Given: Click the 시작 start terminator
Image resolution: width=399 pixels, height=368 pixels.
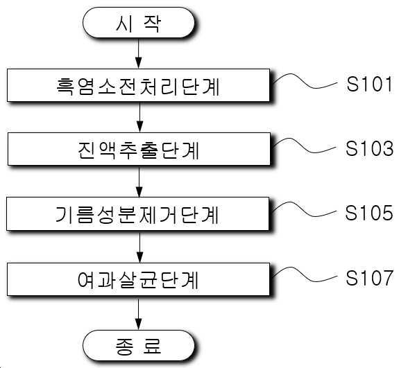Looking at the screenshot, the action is [x=138, y=23].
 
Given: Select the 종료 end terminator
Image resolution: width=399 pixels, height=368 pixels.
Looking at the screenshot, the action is [x=138, y=345].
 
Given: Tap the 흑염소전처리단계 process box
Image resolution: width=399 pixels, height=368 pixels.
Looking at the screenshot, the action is [x=138, y=85].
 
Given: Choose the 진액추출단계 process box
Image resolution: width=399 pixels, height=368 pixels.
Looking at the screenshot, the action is [x=139, y=149].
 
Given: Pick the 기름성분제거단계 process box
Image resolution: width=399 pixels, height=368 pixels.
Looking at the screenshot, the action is [x=137, y=213].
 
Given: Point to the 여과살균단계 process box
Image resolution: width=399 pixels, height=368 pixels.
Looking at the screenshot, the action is [x=138, y=279].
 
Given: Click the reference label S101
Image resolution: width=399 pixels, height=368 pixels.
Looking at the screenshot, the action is [x=369, y=84].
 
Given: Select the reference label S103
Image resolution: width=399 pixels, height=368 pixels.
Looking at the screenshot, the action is [x=369, y=148].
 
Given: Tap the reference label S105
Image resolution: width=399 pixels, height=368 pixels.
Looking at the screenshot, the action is [x=369, y=213].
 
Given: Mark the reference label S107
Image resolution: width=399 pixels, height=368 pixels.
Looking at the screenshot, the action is [x=369, y=277].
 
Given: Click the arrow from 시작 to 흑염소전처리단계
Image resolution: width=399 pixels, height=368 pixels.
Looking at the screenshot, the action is [x=138, y=53].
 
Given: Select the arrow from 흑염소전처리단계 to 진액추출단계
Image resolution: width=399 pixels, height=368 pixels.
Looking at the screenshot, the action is [x=139, y=117].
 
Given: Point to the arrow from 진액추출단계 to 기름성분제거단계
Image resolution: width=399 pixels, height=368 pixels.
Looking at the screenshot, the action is [x=139, y=182].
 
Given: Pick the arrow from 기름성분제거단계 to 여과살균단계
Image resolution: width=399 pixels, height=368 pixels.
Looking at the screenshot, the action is [x=139, y=247].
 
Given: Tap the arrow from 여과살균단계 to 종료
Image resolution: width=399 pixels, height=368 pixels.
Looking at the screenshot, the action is [x=138, y=313].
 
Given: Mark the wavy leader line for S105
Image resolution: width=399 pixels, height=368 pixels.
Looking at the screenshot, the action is [x=304, y=211].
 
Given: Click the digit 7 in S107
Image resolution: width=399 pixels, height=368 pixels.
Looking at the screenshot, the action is [x=387, y=277].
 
